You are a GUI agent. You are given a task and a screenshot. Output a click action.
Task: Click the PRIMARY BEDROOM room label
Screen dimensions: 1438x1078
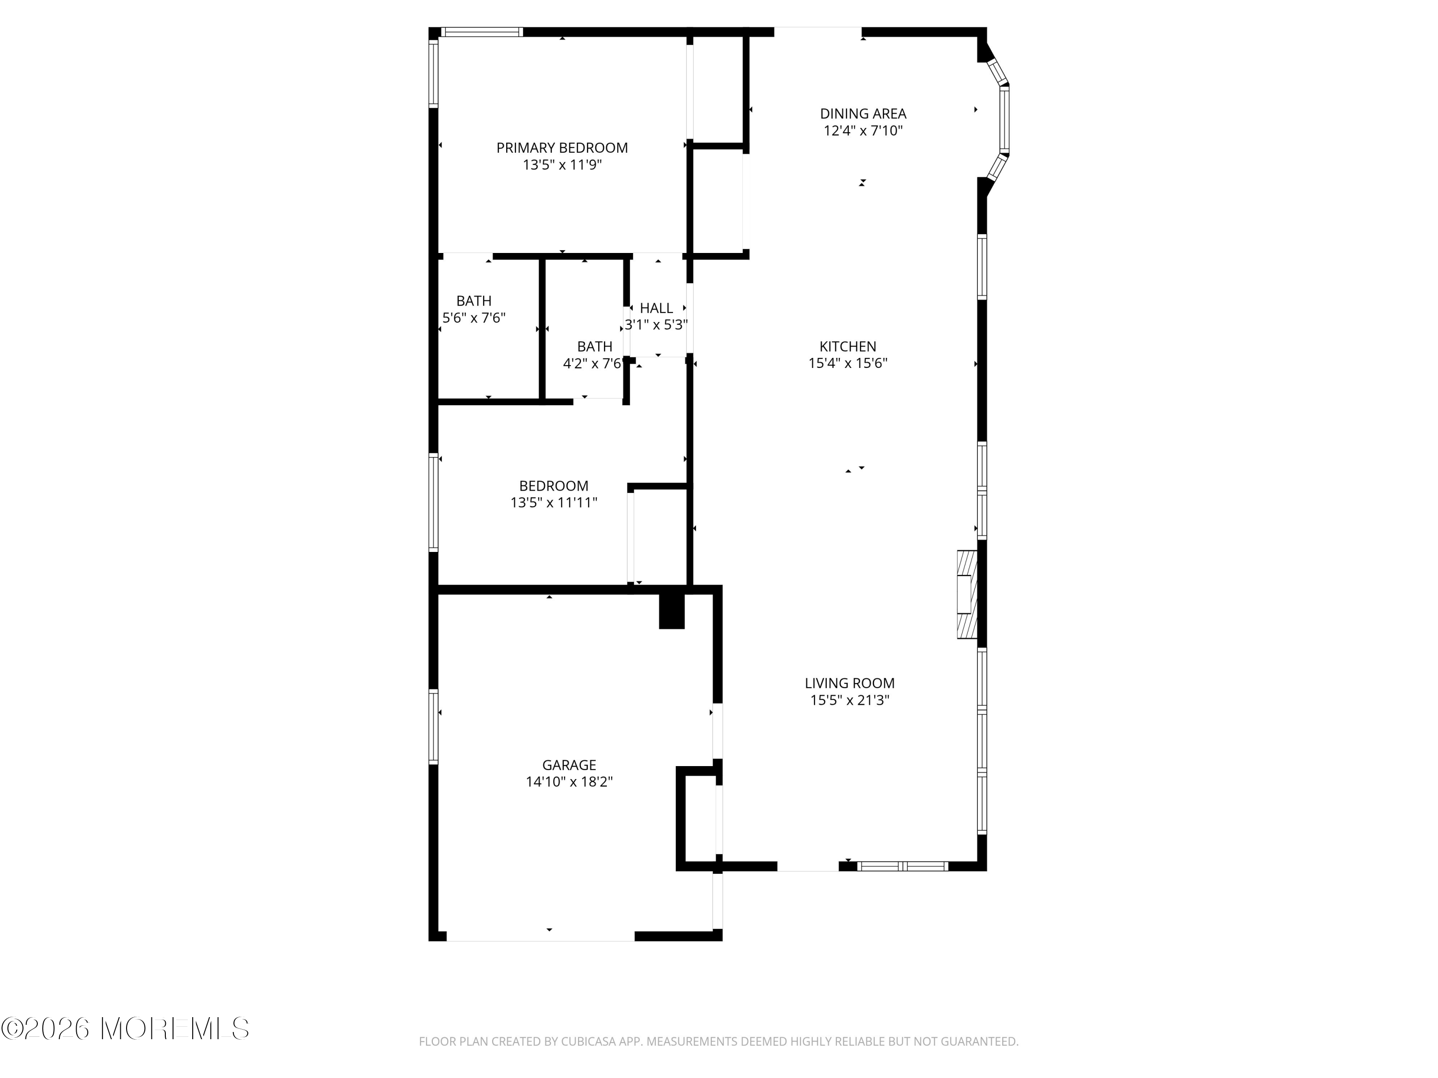coord(562,148)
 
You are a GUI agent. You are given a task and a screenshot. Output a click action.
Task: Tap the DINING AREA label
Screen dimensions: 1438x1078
coord(863,114)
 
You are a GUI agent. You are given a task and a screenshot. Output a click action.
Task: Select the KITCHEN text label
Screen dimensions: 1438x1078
coord(848,346)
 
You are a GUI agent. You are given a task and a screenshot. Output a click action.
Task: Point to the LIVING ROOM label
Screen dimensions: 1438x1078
coord(850,683)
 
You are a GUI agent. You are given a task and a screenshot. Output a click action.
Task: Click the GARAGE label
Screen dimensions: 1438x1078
coord(569,765)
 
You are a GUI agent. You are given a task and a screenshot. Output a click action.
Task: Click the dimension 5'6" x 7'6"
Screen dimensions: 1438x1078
coord(474,318)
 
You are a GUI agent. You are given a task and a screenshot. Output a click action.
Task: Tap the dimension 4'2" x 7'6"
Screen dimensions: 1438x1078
coord(592,363)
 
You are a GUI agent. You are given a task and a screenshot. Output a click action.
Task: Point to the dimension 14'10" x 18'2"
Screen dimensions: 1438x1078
coord(569,782)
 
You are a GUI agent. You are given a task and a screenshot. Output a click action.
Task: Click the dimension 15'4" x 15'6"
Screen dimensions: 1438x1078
coord(848,363)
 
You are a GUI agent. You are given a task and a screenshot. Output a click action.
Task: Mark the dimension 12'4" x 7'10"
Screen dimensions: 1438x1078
coord(863,131)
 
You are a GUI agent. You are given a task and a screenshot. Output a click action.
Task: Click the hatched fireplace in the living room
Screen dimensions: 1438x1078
coord(967,595)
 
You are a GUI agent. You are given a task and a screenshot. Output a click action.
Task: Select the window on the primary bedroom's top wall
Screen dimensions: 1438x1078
coord(482,32)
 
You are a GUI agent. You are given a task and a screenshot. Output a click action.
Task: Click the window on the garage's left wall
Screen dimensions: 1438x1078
coord(433,726)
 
